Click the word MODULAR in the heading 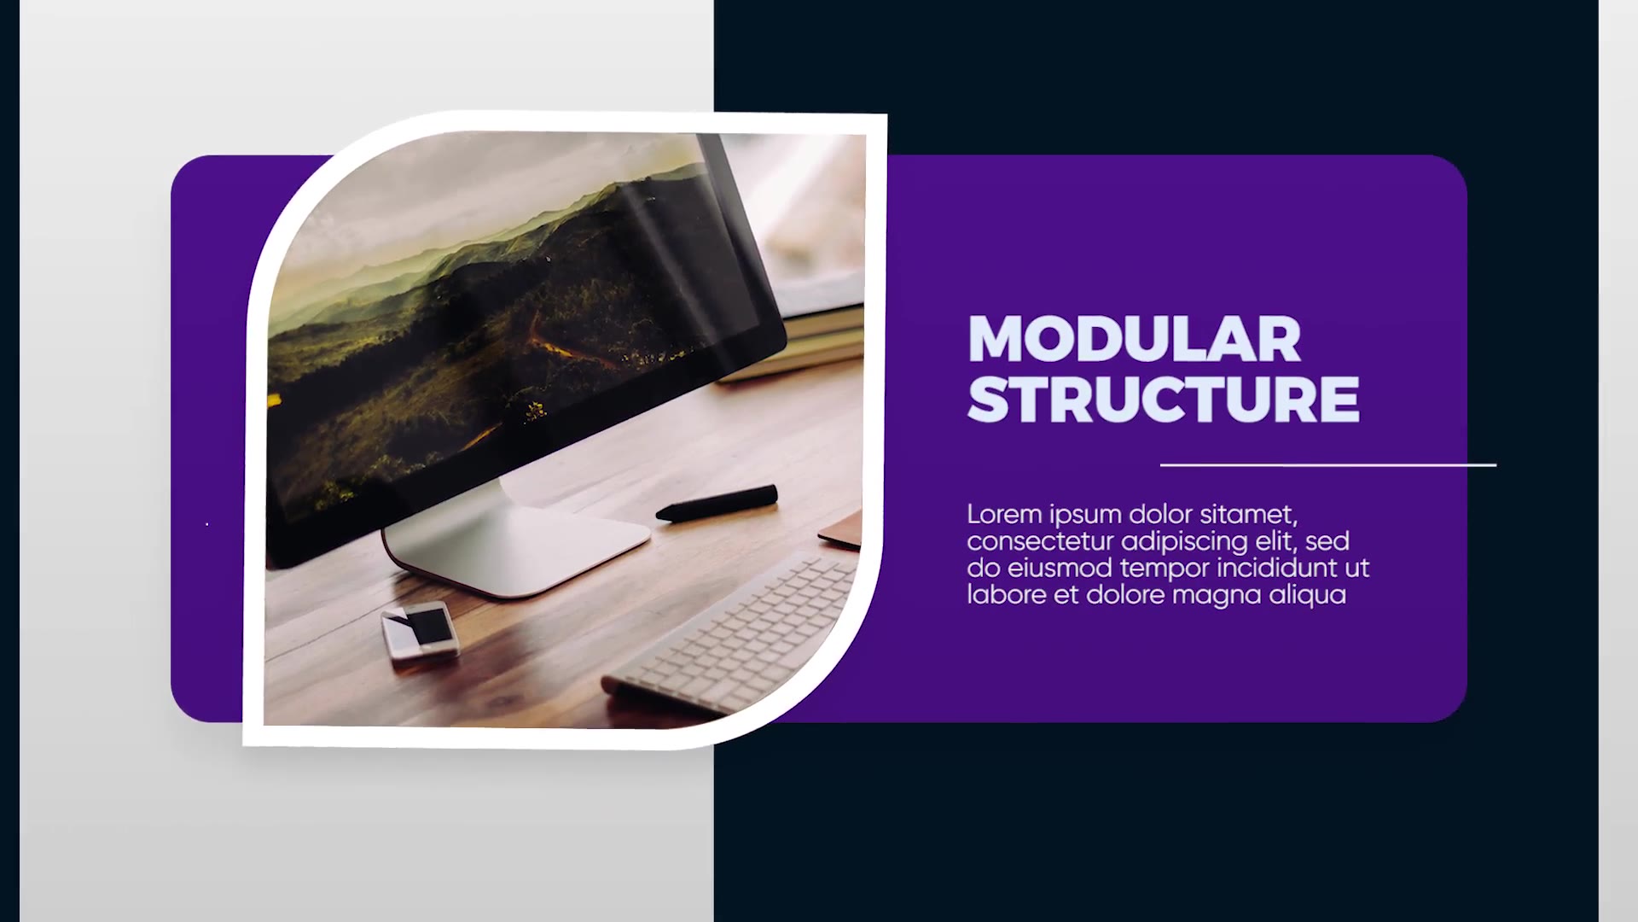pos(1134,339)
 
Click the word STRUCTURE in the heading pos(1164,399)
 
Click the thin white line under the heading pos(1328,465)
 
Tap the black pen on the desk pos(717,503)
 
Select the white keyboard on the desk pos(734,636)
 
